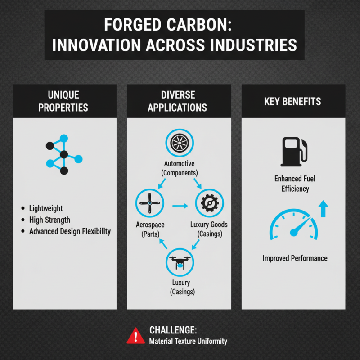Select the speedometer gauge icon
(293, 225)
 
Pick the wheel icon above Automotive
(180, 143)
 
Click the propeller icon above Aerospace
(148, 203)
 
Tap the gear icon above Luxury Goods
(208, 203)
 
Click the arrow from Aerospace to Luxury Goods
(180, 206)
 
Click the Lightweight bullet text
(45, 209)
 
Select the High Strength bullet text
(49, 220)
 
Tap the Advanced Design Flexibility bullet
(69, 231)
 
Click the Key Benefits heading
(292, 101)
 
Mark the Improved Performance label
(295, 258)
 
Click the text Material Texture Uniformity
(188, 341)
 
